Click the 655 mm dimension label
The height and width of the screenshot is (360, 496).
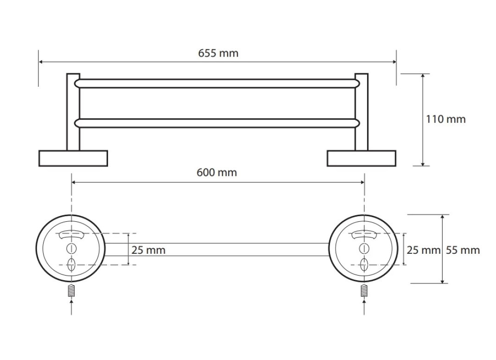218,53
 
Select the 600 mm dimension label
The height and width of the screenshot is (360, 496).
216,173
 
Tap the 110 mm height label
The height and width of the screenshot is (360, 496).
445,119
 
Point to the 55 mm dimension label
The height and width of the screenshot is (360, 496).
463,250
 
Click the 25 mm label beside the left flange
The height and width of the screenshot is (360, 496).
148,250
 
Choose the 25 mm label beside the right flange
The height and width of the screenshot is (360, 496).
424,250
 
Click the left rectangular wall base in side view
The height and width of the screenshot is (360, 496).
73,158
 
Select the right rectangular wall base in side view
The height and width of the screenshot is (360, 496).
362,158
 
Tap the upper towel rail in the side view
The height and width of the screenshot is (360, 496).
217,84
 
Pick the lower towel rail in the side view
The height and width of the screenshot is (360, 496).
217,123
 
